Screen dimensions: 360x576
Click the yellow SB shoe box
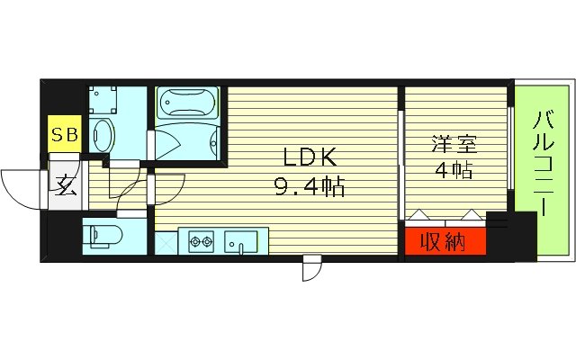64,136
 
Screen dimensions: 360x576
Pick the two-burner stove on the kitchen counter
201,241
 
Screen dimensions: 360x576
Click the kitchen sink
240,241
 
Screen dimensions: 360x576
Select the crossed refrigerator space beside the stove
166,242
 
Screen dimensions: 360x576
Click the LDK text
310,158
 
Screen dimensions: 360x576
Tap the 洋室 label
453,143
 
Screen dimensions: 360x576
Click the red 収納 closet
445,241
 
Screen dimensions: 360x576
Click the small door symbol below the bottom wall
311,267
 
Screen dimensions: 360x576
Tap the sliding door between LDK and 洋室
400,166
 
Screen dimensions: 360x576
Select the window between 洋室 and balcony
512,148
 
